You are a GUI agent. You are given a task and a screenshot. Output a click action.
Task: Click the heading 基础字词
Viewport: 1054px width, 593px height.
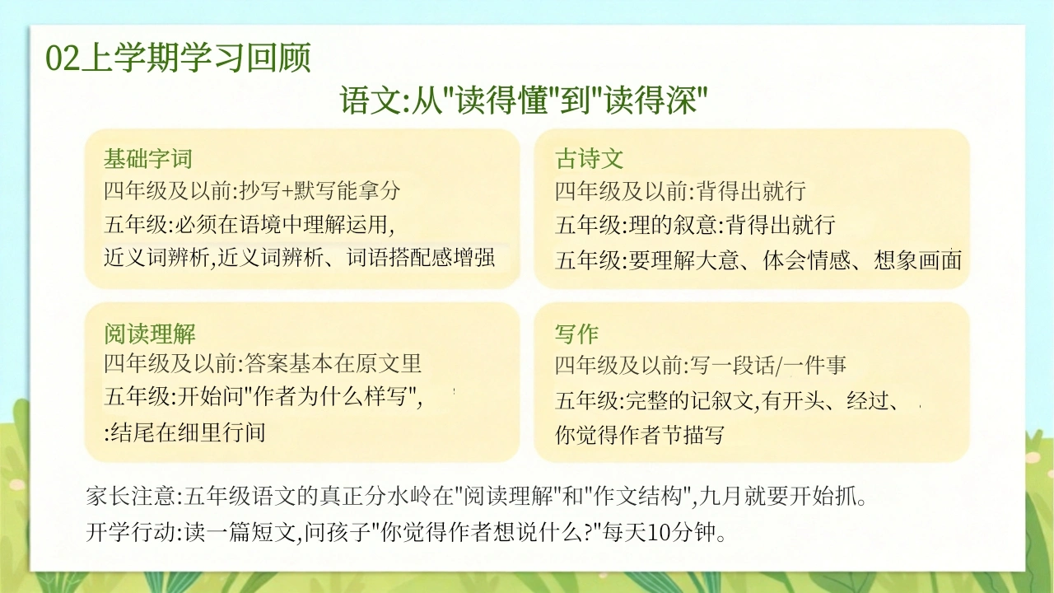point(147,159)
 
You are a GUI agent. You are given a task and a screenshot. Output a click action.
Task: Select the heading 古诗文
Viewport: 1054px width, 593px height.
point(589,159)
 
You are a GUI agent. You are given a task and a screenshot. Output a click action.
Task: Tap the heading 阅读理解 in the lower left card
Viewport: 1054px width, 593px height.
point(150,334)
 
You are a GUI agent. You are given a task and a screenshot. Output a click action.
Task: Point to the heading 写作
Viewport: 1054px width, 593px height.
point(576,334)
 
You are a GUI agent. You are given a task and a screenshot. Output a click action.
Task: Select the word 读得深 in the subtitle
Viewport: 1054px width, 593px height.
point(650,100)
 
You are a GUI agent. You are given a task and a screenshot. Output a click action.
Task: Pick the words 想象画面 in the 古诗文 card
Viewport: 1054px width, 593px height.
point(917,260)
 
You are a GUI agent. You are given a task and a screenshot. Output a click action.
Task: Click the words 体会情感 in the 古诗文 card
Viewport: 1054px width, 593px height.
point(806,260)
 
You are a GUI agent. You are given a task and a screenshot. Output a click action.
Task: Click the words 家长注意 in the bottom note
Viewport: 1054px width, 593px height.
point(130,496)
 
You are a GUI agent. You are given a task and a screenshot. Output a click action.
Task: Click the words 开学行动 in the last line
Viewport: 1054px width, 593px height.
point(130,532)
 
